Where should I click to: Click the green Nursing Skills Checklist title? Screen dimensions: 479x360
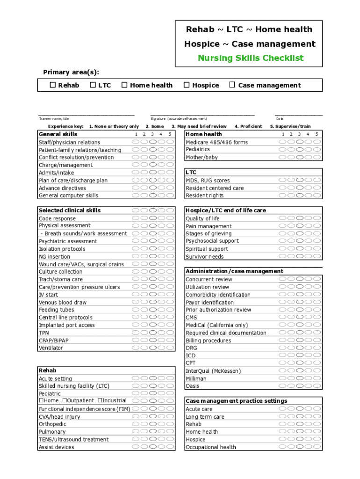click(251, 58)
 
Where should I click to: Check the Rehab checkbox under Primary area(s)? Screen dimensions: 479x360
click(53, 85)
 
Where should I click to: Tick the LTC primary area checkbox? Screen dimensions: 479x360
click(93, 85)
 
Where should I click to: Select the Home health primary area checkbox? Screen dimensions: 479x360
click(124, 85)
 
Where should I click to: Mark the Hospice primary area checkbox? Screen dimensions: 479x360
click(187, 85)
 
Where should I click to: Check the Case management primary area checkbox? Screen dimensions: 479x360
click(232, 85)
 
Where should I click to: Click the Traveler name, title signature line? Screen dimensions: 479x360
click(86, 114)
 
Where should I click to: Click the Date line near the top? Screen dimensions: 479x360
click(298, 114)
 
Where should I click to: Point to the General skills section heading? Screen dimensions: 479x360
click(58, 134)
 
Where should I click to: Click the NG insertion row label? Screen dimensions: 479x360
click(54, 256)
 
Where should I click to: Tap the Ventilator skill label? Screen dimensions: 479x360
click(50, 348)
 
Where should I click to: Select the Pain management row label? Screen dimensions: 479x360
click(209, 226)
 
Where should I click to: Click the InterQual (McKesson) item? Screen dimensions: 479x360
click(213, 371)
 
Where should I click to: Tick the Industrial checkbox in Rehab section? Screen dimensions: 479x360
click(100, 400)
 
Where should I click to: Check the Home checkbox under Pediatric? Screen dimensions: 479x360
click(41, 400)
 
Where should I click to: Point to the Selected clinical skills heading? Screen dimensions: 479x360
click(70, 210)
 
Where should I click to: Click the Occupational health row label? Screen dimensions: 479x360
click(211, 447)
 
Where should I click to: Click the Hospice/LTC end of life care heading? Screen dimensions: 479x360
click(226, 210)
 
